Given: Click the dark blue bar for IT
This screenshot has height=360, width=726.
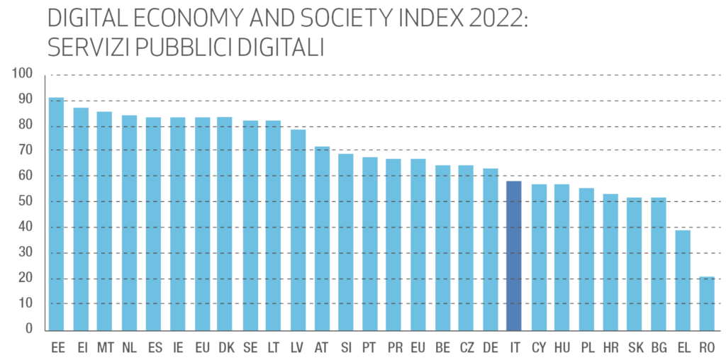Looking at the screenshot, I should pos(514,256).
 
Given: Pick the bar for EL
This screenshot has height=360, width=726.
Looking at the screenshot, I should pos(682,280).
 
